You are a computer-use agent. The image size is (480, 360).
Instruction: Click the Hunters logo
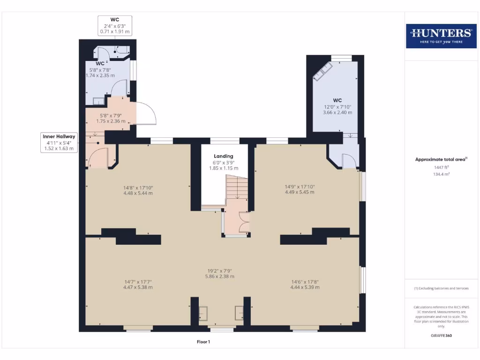[x=441, y=36]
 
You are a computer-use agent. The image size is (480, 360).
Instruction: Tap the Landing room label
[x=224, y=156]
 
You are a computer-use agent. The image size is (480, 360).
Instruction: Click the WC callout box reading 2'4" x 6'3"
[x=114, y=26]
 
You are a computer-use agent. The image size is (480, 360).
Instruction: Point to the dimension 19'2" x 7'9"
[x=219, y=273]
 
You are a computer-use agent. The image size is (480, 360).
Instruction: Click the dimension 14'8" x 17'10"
[x=138, y=190]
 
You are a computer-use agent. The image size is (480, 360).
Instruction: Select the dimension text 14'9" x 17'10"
[x=300, y=189]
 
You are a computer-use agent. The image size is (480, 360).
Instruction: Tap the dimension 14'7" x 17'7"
[x=138, y=284]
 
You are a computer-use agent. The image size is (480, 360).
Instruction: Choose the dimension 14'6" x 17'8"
[x=305, y=284]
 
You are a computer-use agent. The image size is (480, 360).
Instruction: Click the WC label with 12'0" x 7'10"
[x=337, y=106]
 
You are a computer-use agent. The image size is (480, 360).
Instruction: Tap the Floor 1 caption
[x=203, y=342]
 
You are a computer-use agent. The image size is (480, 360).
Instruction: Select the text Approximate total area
[x=440, y=159]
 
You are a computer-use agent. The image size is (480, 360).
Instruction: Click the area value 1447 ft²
[x=440, y=167]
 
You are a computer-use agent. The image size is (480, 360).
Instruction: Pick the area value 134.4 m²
[x=440, y=174]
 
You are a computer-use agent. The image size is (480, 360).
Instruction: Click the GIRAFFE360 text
[x=441, y=336]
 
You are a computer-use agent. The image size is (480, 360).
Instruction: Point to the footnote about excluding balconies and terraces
[x=441, y=288]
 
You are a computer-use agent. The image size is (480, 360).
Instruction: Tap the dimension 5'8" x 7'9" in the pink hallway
[x=111, y=118]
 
